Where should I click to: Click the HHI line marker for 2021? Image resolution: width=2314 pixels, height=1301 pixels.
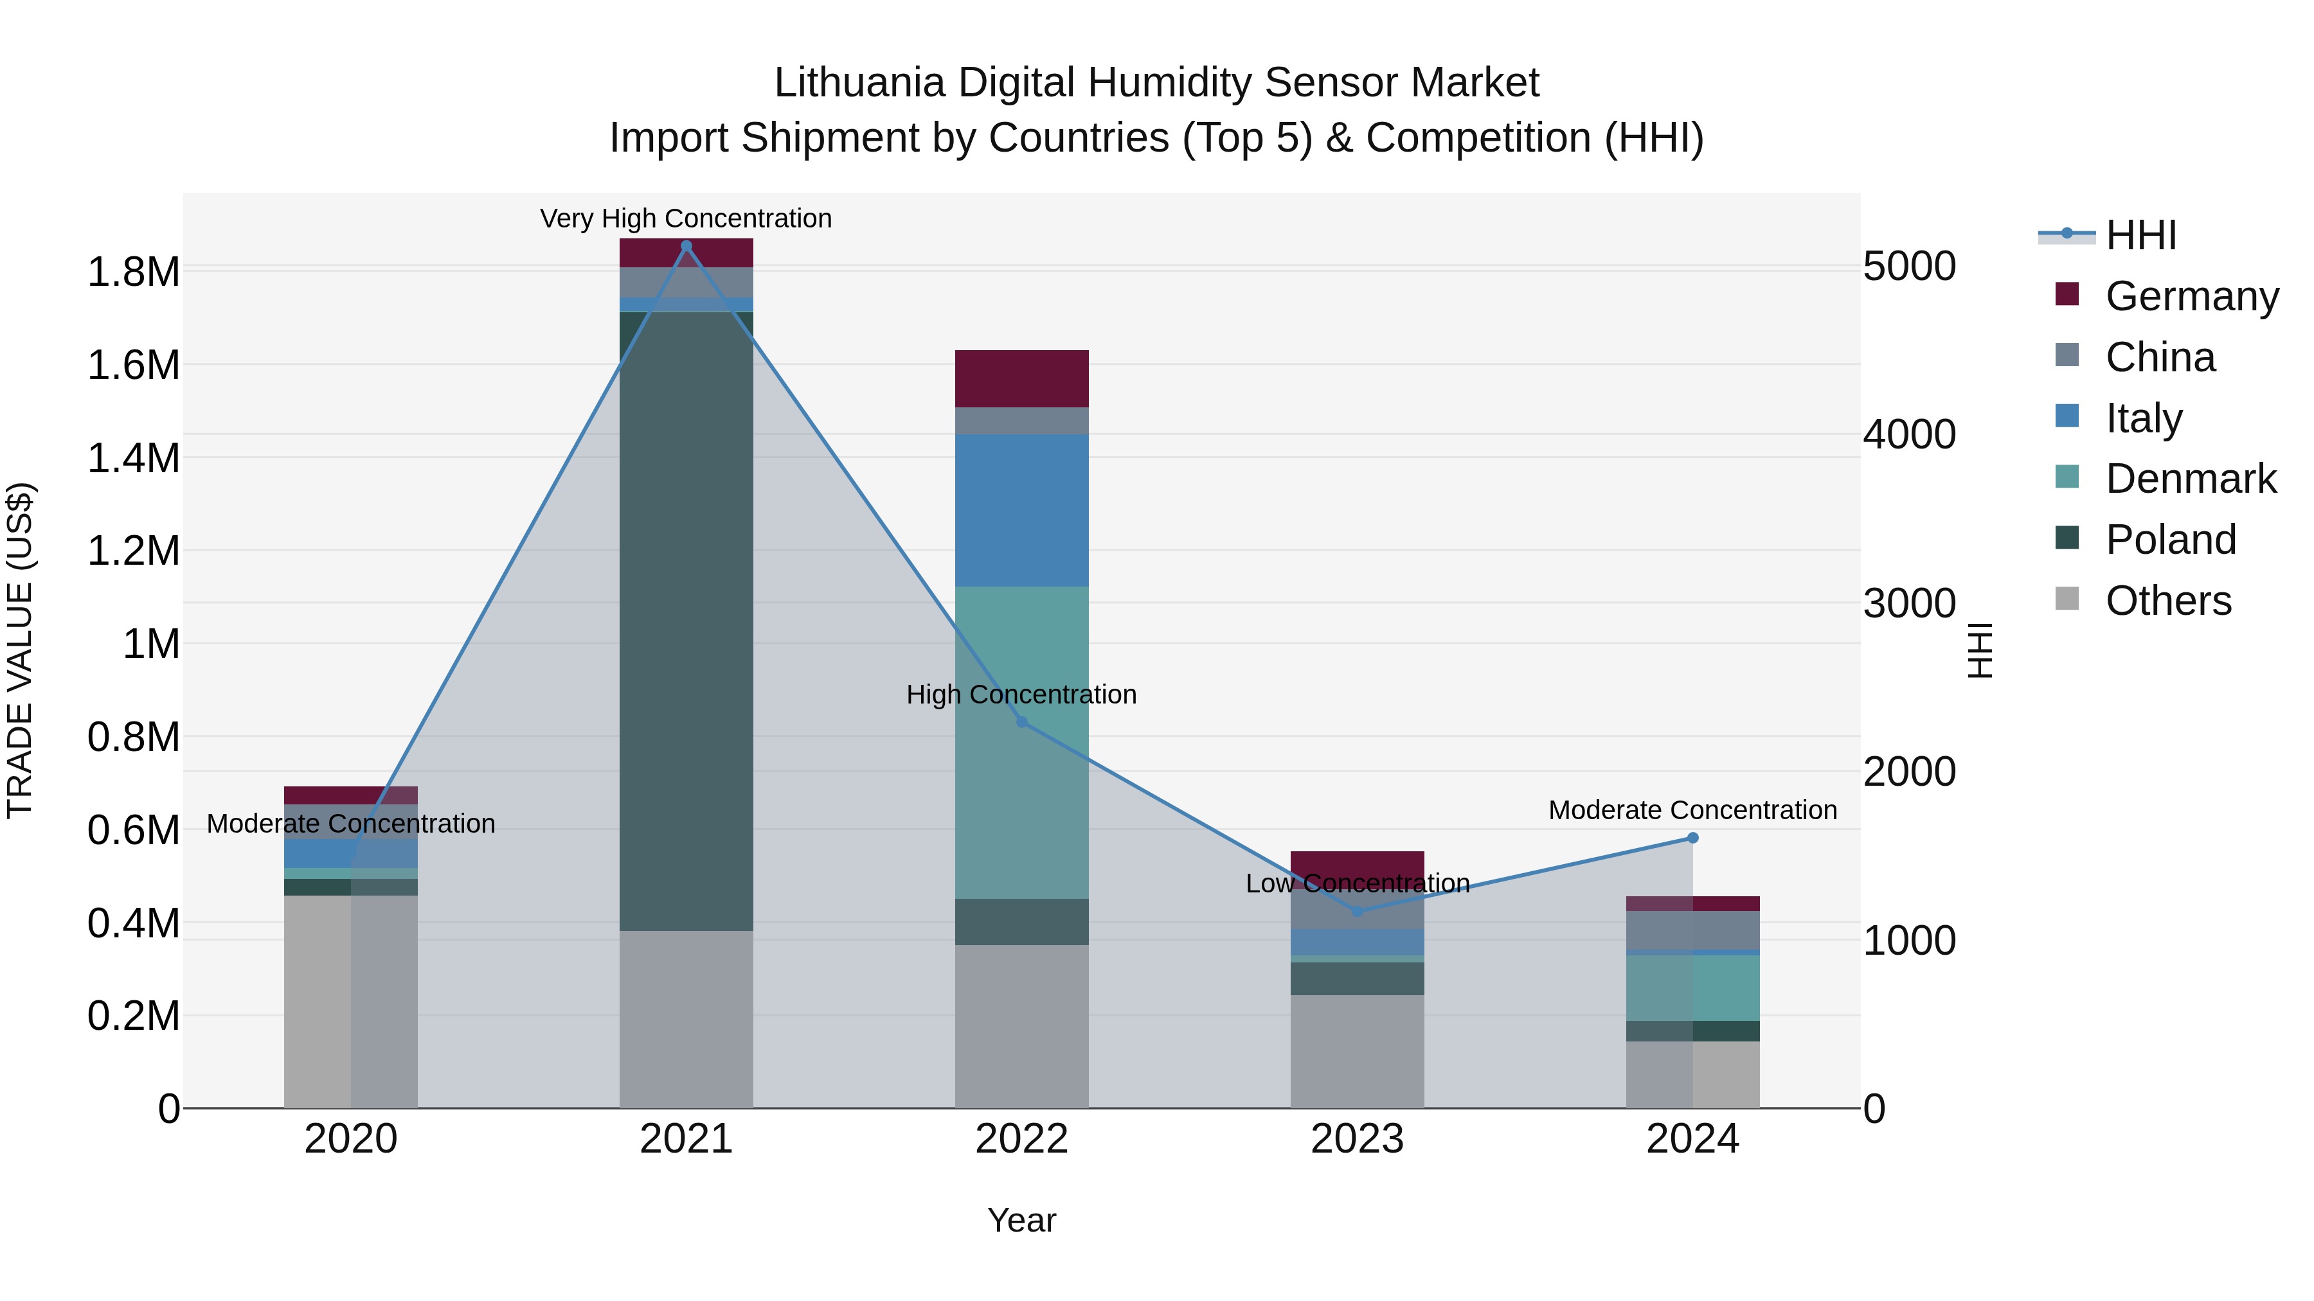pos(686,246)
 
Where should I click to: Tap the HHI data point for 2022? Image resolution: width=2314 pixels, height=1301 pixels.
pos(1021,722)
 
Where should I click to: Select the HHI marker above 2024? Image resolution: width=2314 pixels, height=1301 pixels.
pos(1692,838)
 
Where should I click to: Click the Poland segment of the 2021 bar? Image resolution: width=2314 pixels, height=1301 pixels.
pos(686,619)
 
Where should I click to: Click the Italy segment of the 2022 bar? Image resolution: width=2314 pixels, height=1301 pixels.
pos(1021,510)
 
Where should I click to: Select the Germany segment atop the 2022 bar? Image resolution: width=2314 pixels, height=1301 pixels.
pos(1021,378)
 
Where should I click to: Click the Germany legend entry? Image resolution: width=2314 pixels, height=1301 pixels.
pos(2191,296)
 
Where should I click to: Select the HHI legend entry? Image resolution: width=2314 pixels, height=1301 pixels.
pos(2140,235)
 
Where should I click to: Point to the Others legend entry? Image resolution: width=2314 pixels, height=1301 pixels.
pos(2167,601)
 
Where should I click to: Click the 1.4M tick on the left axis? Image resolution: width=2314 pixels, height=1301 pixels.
pos(133,458)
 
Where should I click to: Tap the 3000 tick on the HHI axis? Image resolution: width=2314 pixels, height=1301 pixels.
pos(1909,603)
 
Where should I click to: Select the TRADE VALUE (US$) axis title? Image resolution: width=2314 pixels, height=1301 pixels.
pos(20,650)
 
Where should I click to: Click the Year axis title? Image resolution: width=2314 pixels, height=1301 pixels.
pos(1021,1220)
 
